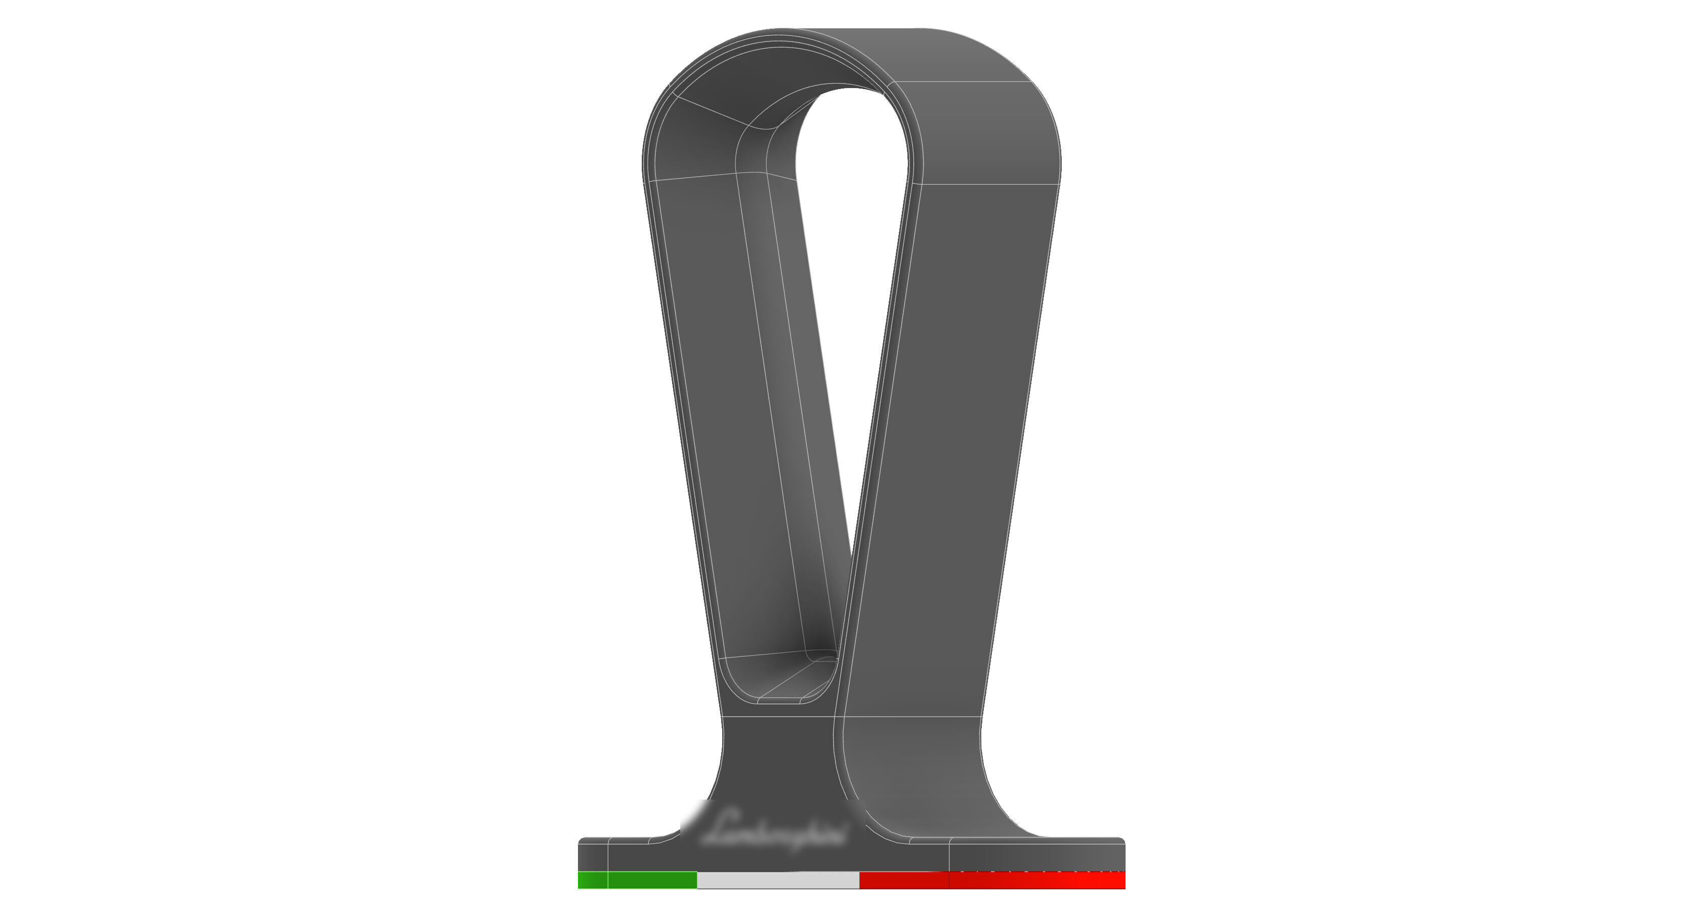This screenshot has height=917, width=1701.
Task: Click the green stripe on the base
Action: coord(637,880)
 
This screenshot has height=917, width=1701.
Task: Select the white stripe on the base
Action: coord(778,880)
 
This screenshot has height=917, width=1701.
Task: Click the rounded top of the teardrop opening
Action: coord(852,99)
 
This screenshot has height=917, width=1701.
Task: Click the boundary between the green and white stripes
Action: coord(697,880)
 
